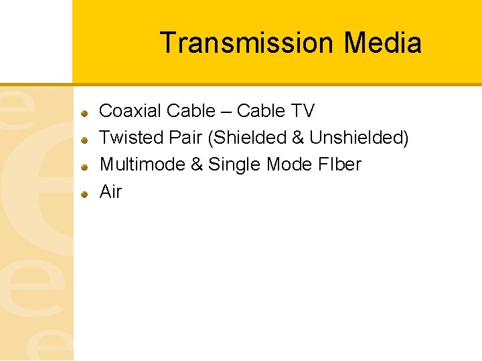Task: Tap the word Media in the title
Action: pos(382,43)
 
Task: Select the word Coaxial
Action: pos(130,110)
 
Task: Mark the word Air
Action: pos(110,192)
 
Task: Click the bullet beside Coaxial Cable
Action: pos(85,113)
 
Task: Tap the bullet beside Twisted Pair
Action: pos(85,140)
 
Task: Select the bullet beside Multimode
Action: pos(85,167)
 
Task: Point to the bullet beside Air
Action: pos(85,194)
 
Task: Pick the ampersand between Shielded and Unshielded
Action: pos(298,138)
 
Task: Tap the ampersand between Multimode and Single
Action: pos(197,164)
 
